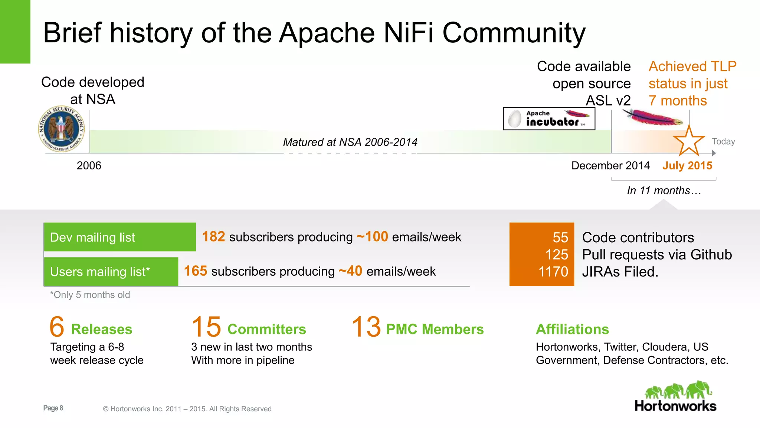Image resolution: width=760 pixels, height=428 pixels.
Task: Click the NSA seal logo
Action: coord(62,129)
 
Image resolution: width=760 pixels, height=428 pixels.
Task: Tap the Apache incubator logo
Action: coord(549,119)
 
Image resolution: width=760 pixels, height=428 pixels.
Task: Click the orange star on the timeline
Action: coord(689,141)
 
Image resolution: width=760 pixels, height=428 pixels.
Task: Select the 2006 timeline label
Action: coord(89,166)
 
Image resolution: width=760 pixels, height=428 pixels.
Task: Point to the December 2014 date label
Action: coord(610,166)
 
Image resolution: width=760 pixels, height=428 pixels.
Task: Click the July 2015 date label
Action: coord(687,166)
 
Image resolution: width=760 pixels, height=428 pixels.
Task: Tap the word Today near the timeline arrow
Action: coord(723,142)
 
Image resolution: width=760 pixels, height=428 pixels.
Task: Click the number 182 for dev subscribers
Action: coord(213,237)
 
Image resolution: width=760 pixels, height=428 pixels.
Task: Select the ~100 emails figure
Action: coord(372,237)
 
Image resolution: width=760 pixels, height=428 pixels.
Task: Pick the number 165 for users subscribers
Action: coord(196,271)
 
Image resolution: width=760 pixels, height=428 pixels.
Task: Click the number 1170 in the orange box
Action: coord(553,272)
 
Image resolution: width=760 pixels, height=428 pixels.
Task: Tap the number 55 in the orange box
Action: coord(560,237)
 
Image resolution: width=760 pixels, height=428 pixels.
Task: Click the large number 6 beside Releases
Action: coord(57,327)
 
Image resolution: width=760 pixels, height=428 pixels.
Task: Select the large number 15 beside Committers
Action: coord(206,327)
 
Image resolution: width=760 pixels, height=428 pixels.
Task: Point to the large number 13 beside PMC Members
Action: coord(366,327)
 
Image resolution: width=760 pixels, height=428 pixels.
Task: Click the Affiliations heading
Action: coord(572,329)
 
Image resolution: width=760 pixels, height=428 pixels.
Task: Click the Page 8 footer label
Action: coord(53,408)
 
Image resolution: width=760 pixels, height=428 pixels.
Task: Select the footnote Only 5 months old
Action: coord(90,295)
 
